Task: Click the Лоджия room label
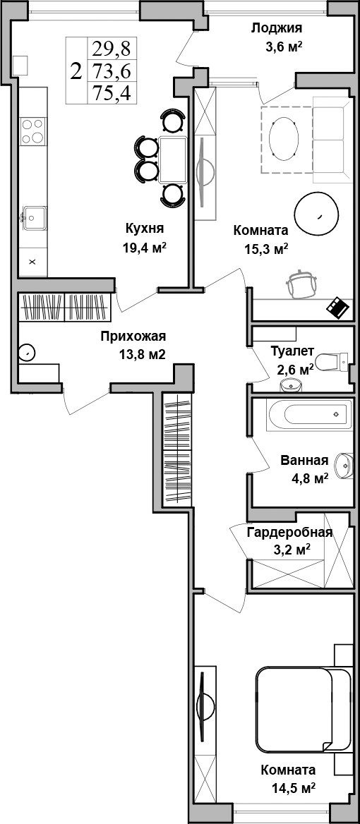tap(277, 28)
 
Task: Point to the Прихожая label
tap(133, 337)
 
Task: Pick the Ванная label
tap(304, 461)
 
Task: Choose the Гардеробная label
tap(289, 533)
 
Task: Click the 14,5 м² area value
tap(287, 787)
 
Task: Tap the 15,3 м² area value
tap(261, 248)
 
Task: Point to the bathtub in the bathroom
tap(308, 413)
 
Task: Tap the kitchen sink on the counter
tap(32, 215)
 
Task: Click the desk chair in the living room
tap(302, 285)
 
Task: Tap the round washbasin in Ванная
tap(344, 464)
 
